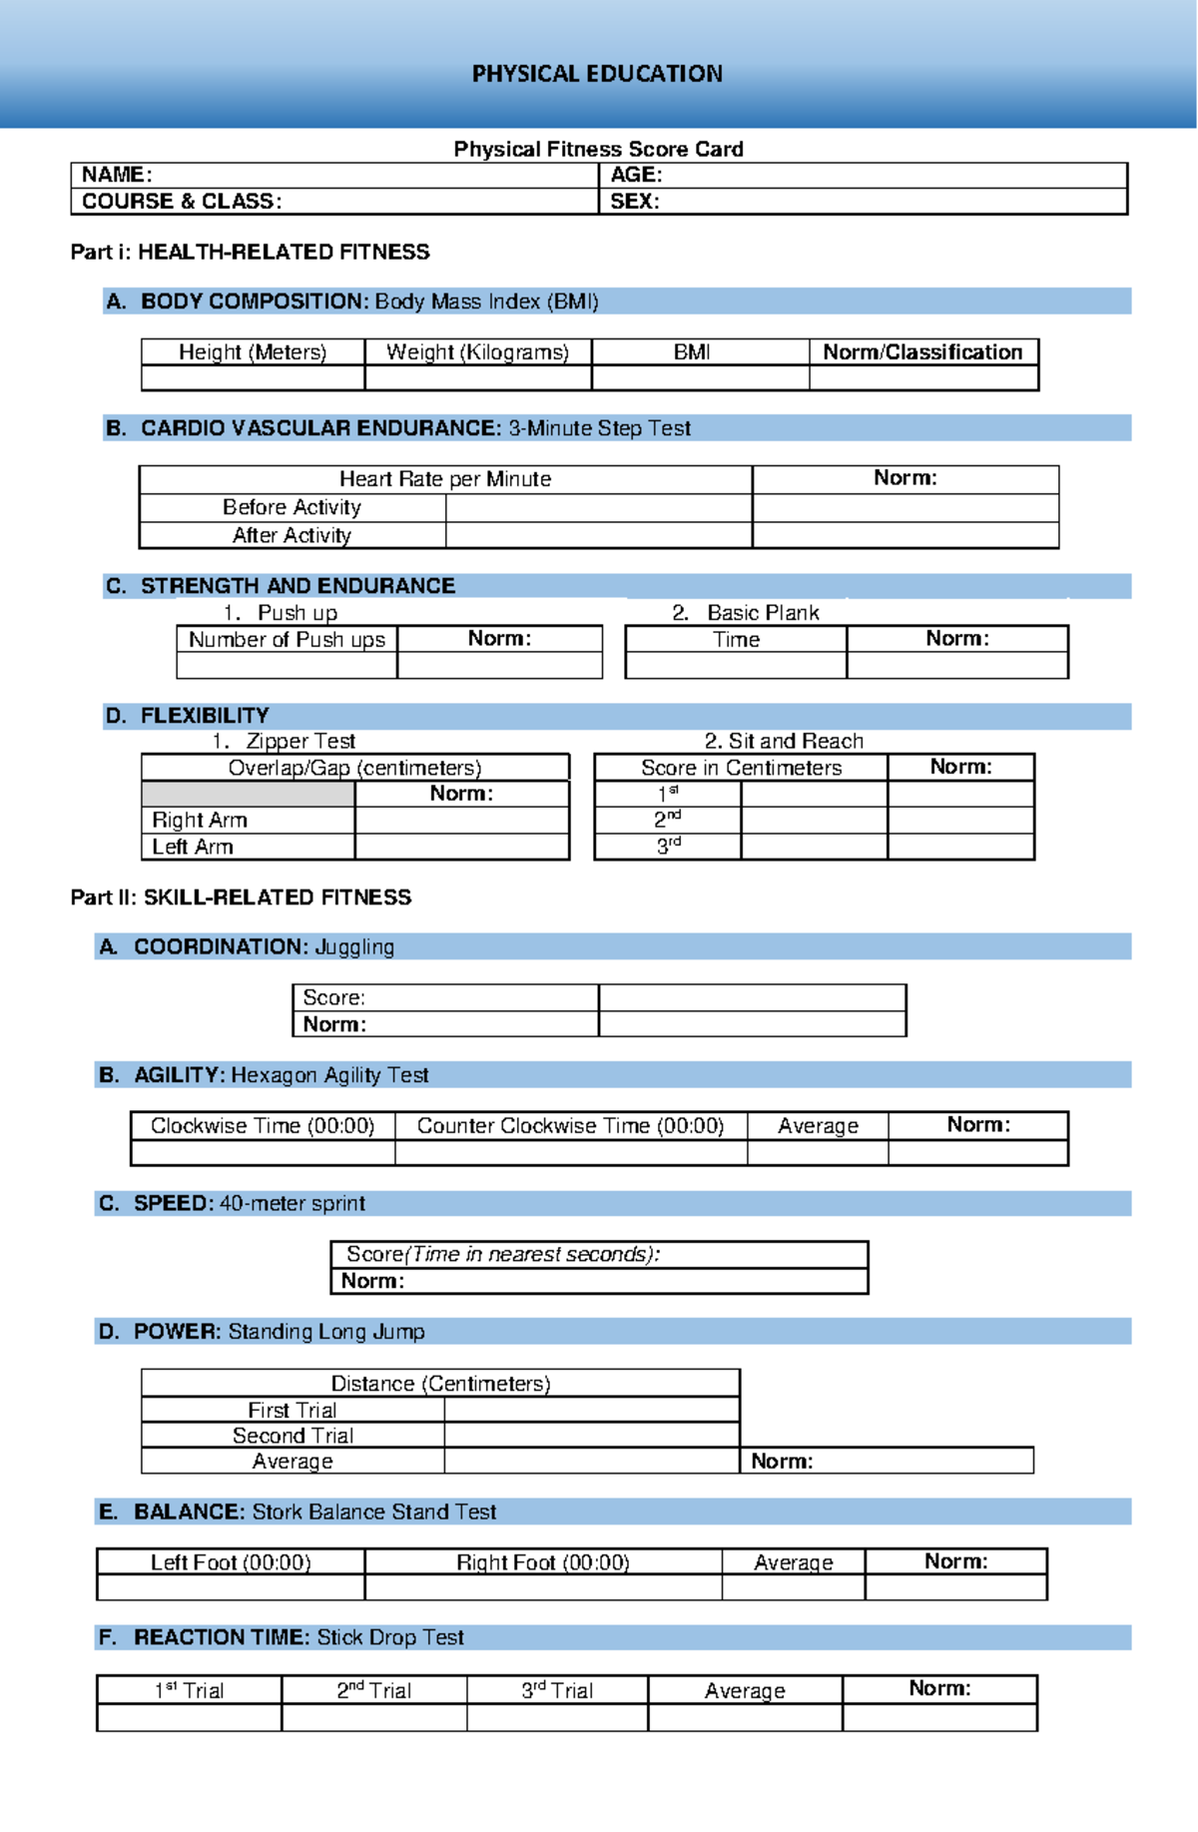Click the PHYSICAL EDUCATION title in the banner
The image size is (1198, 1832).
click(597, 74)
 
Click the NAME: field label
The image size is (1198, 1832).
click(117, 175)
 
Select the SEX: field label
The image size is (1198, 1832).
click(634, 201)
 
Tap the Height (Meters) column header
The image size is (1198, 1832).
click(253, 352)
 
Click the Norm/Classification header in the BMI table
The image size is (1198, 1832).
click(922, 352)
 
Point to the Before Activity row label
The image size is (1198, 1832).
click(292, 507)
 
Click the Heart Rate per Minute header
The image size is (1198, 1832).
click(445, 479)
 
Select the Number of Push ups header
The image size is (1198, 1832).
click(287, 640)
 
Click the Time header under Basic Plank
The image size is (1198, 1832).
click(736, 640)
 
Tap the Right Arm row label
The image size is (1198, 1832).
click(200, 820)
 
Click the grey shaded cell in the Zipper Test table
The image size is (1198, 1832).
click(248, 794)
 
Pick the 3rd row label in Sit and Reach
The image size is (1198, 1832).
click(668, 847)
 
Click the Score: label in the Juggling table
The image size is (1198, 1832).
click(333, 997)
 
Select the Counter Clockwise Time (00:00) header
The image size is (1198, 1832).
click(570, 1126)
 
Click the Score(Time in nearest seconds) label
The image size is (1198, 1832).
click(502, 1255)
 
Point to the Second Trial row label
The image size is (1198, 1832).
click(293, 1436)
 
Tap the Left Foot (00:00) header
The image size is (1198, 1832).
click(231, 1562)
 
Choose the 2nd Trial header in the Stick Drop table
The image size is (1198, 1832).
click(373, 1690)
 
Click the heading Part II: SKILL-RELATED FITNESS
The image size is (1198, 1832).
click(241, 898)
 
